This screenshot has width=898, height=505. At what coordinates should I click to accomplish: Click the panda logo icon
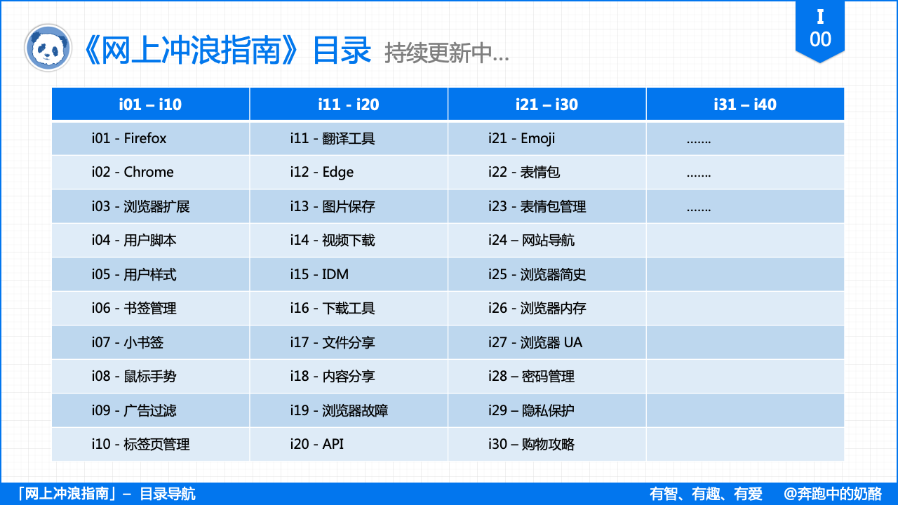48,48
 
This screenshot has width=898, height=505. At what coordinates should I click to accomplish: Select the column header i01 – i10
150,105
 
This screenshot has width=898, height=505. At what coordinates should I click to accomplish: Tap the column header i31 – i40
745,105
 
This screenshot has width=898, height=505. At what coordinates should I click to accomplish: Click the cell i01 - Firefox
129,138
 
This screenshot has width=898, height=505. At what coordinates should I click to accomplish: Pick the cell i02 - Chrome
133,172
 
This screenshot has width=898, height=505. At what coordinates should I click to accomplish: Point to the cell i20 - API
317,444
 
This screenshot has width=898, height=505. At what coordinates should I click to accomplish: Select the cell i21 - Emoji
522,138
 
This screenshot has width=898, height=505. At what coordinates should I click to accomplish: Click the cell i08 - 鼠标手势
134,377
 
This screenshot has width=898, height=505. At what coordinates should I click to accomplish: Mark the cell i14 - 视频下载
333,241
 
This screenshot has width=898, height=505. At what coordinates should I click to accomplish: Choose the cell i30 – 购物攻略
532,444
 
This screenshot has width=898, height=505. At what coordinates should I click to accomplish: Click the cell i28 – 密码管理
532,377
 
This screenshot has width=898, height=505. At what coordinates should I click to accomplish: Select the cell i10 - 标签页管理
141,444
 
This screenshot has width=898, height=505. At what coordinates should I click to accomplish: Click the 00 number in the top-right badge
820,39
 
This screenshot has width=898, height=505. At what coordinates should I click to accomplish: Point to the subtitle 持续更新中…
447,53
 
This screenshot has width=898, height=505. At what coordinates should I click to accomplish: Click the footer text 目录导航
168,494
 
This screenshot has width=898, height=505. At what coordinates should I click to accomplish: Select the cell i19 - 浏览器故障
339,410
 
